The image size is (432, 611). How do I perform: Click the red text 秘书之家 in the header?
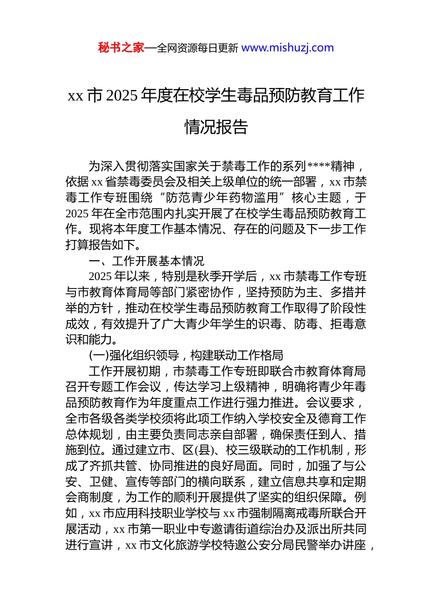(121, 48)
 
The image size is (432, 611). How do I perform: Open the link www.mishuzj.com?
(287, 48)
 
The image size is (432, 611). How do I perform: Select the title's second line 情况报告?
(216, 127)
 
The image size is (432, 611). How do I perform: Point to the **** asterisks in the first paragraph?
(319, 166)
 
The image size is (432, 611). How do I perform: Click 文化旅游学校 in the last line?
(187, 545)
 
